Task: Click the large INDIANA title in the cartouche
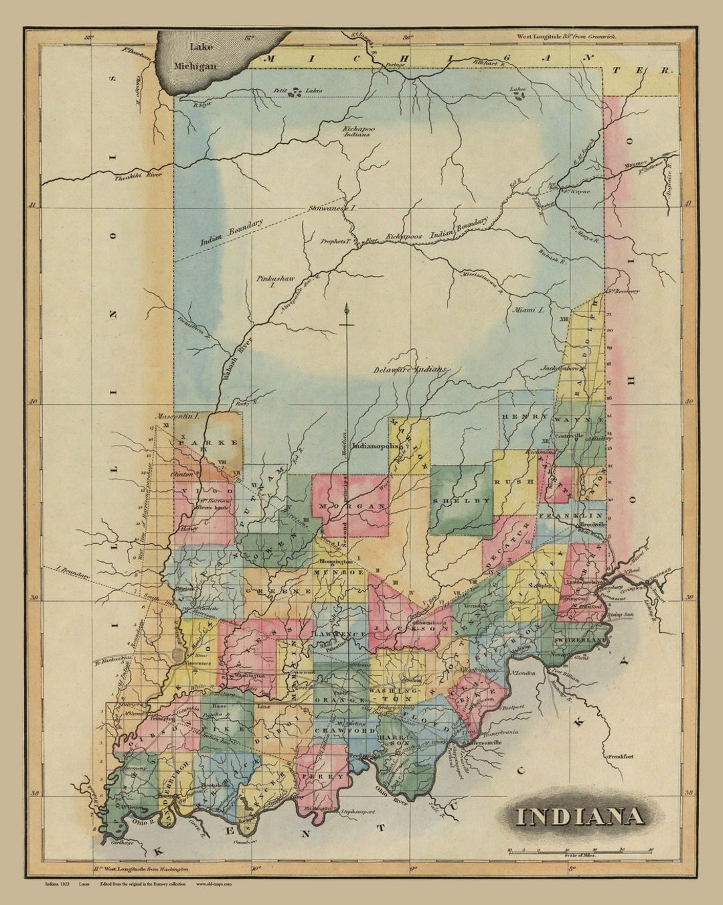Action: pos(579,816)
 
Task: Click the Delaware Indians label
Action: pos(410,369)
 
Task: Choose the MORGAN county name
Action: pos(350,506)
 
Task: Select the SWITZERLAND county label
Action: pos(579,640)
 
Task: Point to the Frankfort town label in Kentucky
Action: pos(621,757)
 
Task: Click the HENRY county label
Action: pos(516,417)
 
